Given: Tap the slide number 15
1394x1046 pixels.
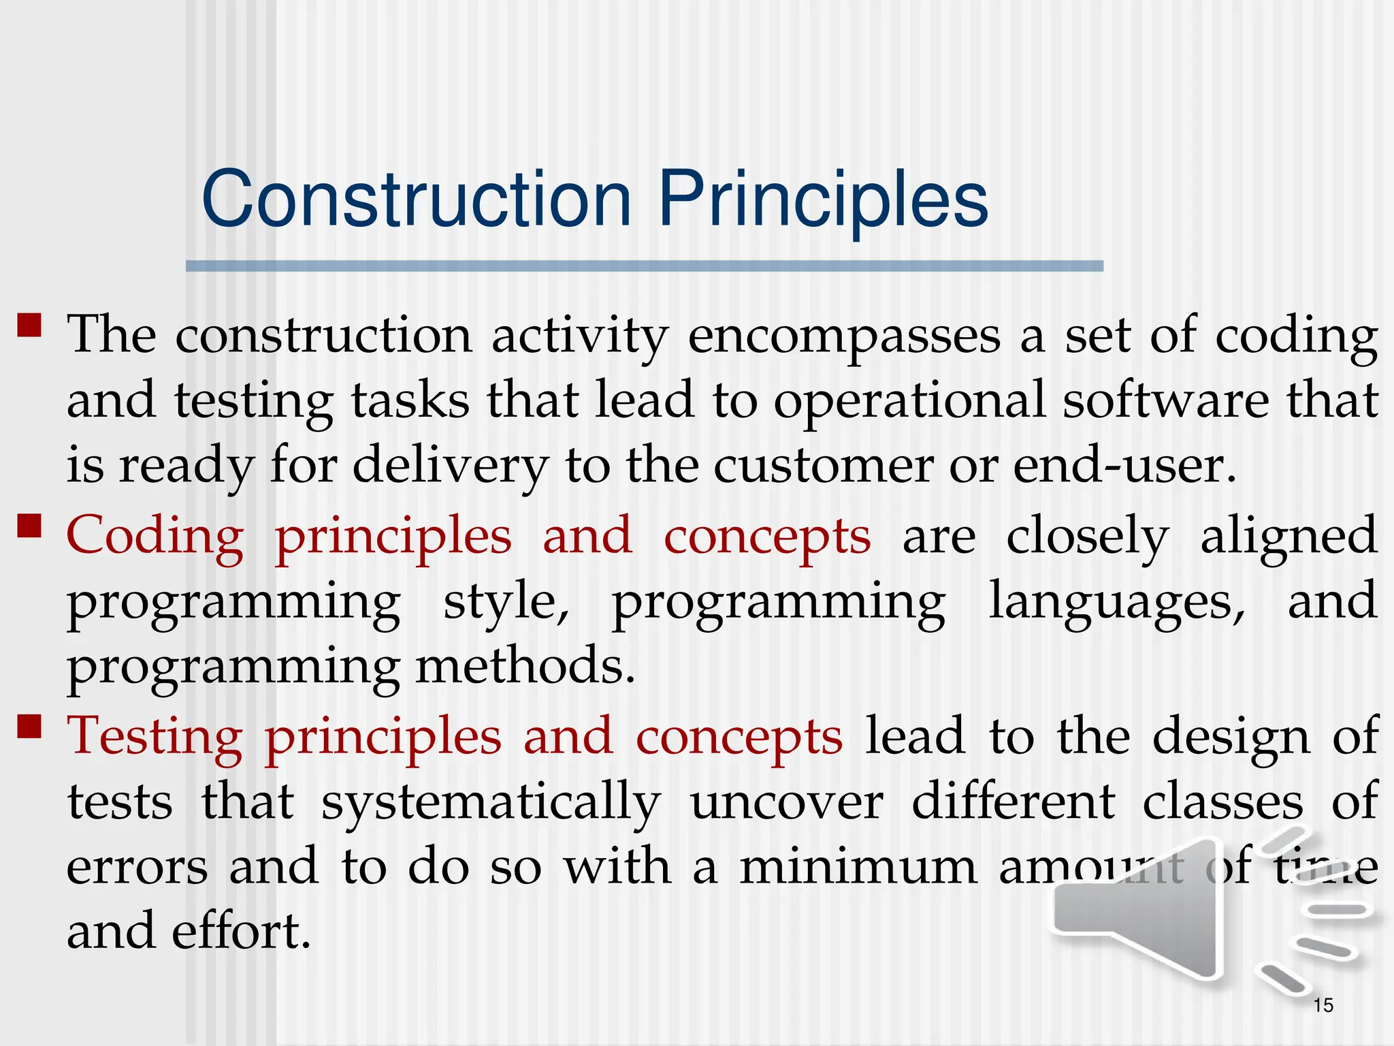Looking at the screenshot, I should [x=1323, y=1005].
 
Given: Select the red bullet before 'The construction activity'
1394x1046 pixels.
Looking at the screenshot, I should [x=30, y=325].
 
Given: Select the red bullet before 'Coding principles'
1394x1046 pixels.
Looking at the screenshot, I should [x=30, y=526].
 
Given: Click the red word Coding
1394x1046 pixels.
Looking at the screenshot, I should [x=155, y=537].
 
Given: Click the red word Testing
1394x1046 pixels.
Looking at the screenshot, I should [x=155, y=738].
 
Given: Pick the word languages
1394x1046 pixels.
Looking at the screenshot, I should [x=1116, y=602].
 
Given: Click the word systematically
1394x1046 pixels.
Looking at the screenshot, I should [x=491, y=803].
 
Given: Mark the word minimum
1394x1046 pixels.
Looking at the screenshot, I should [x=858, y=867].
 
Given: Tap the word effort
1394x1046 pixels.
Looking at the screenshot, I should [x=241, y=932].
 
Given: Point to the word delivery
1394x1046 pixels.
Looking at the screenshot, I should [x=450, y=467].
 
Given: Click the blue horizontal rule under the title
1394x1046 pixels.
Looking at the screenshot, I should [x=644, y=266].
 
